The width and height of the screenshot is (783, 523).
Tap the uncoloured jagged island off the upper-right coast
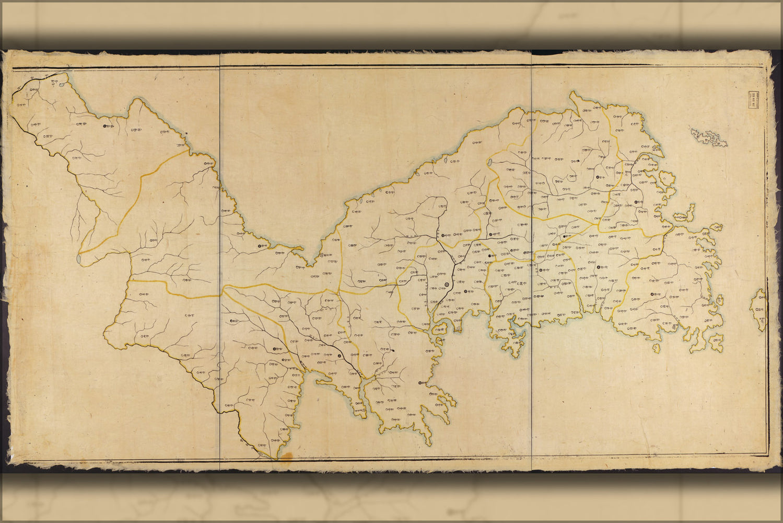(709, 137)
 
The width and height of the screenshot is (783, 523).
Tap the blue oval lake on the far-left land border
(79, 258)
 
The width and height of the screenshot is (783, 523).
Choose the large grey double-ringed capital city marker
(447, 285)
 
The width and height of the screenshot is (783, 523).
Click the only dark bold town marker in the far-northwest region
(104, 126)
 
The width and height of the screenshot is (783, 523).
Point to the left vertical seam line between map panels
(220, 261)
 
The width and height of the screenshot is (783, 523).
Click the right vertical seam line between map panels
(532, 261)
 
